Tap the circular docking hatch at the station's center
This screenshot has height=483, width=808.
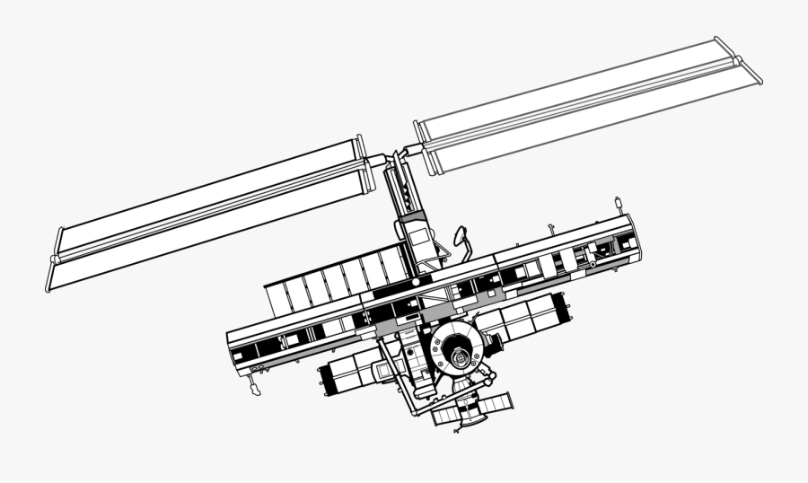click(459, 356)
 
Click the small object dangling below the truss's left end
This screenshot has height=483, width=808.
click(255, 387)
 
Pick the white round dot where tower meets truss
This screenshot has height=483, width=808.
click(417, 281)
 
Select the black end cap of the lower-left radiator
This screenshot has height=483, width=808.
click(325, 380)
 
